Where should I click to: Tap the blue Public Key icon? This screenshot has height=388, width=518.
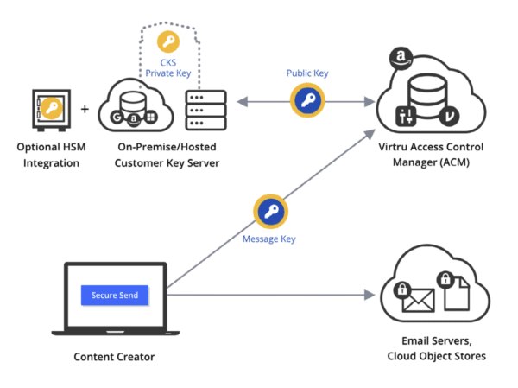pos(306,101)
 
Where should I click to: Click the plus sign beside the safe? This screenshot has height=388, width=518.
pos(85,111)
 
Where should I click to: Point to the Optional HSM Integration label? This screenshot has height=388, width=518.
pos(52,156)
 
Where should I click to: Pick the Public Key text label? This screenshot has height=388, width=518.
pos(306,73)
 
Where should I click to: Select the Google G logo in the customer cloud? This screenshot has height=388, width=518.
pos(116,118)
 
